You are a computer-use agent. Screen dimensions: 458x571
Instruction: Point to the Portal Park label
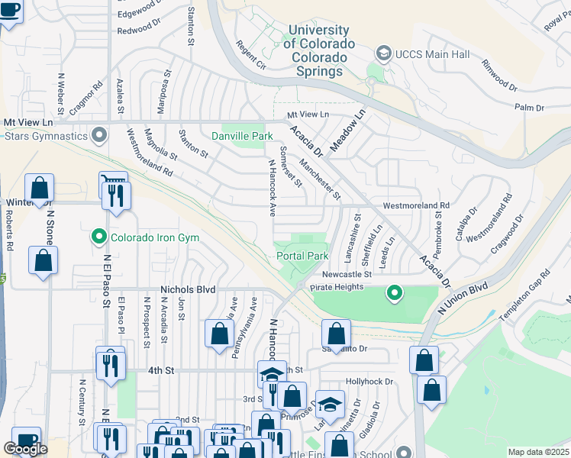pyautogui.click(x=302, y=256)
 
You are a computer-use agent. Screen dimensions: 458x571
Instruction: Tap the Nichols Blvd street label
pyautogui.click(x=188, y=290)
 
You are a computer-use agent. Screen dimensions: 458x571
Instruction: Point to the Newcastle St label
pyautogui.click(x=345, y=274)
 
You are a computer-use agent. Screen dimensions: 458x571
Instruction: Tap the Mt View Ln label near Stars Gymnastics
pyautogui.click(x=30, y=122)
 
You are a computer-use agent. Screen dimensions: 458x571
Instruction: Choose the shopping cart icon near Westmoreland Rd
pyautogui.click(x=112, y=180)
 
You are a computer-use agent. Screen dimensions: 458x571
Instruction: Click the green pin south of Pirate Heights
pyautogui.click(x=394, y=292)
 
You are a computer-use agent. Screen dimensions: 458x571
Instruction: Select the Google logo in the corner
pyautogui.click(x=25, y=449)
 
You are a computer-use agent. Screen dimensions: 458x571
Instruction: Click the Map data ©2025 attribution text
pyautogui.click(x=538, y=452)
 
